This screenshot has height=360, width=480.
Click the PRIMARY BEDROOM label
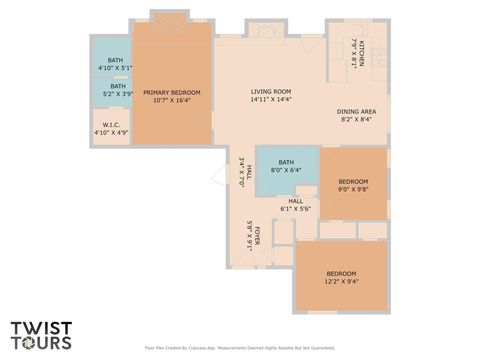[x=171, y=92]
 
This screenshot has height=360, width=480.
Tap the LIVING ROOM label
[x=270, y=92]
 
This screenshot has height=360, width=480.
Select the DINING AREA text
[x=355, y=111]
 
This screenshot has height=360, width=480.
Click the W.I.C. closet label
[x=111, y=125]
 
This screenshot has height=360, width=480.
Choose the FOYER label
[x=257, y=236]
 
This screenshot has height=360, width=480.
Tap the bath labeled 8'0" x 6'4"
[x=286, y=163]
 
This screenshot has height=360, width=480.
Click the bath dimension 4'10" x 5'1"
[x=115, y=67]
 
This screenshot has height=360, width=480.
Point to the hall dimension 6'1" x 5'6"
[x=295, y=209]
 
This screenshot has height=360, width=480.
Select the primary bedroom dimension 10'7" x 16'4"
[x=171, y=100]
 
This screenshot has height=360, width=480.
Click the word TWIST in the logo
[x=41, y=327]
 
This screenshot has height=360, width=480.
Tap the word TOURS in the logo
[x=41, y=342]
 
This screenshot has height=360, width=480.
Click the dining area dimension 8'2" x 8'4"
[x=355, y=119]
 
